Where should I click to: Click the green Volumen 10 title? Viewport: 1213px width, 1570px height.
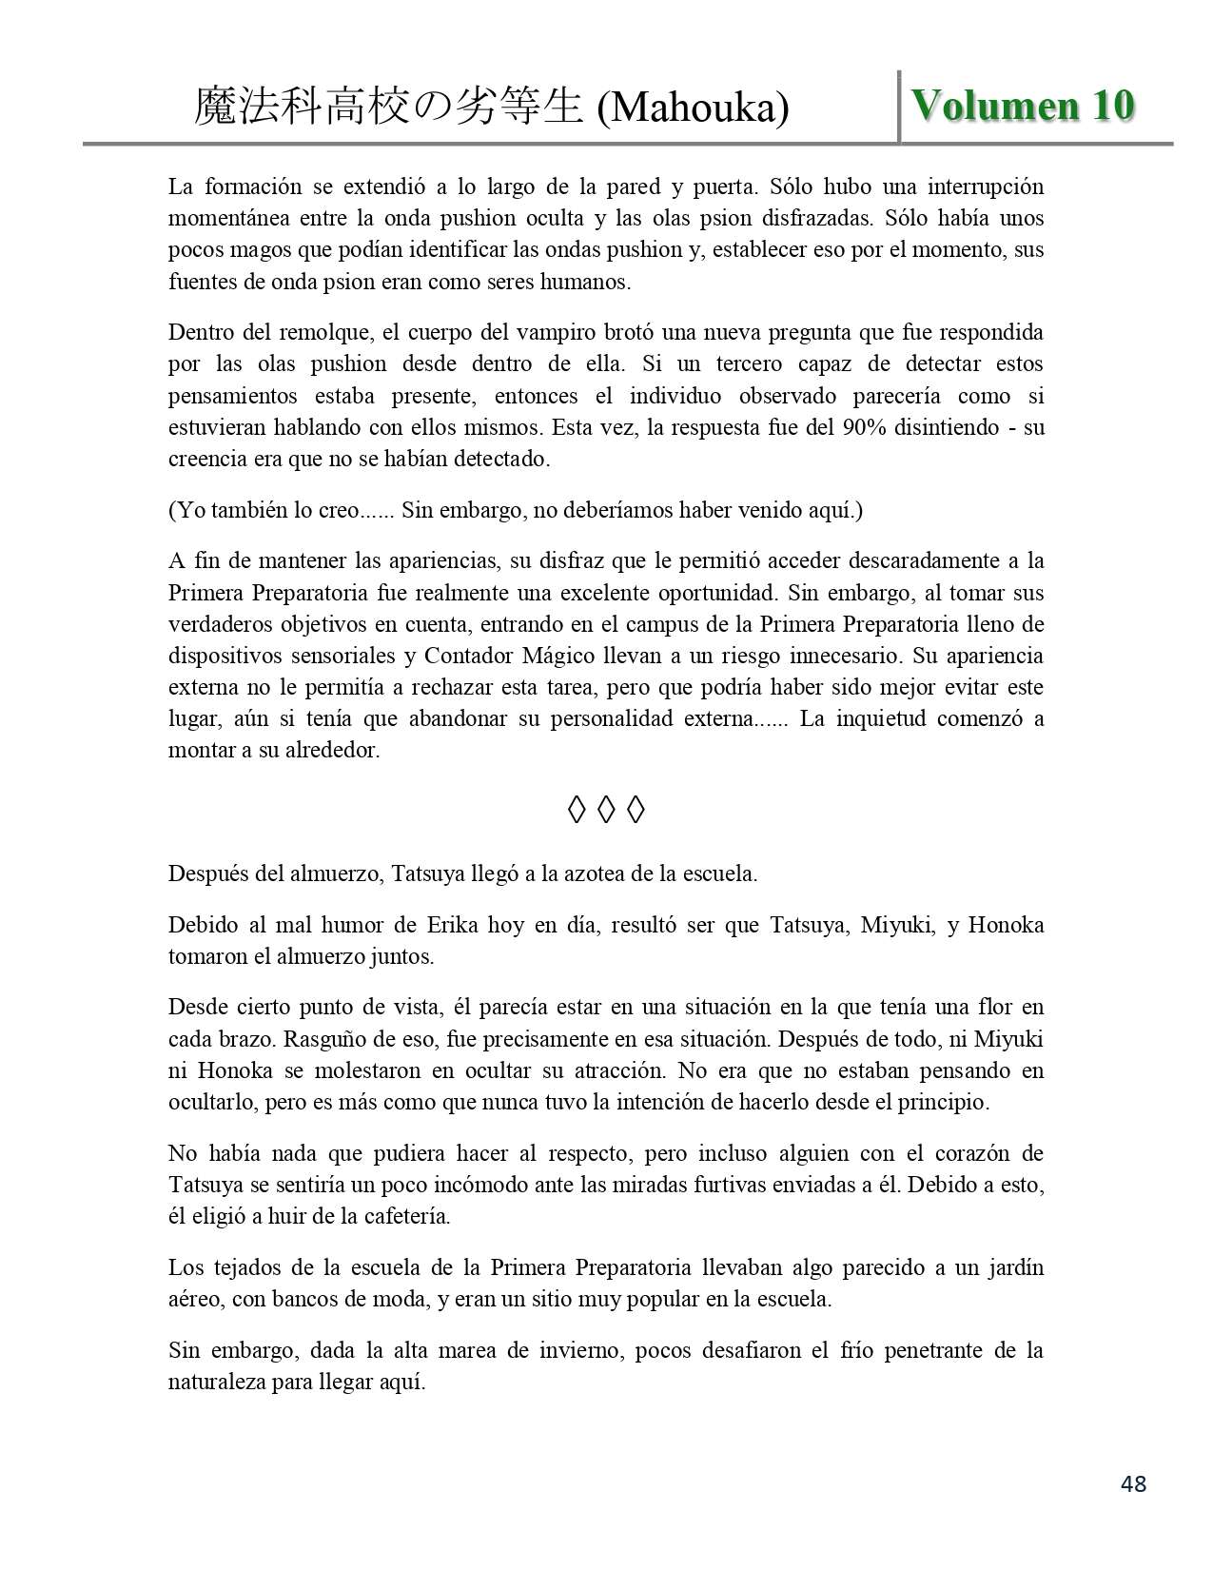click(1023, 106)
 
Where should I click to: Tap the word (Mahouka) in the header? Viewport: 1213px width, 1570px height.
click(693, 108)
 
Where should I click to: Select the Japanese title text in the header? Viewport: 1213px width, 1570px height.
click(388, 107)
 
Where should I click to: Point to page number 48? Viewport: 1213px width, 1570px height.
click(1134, 1482)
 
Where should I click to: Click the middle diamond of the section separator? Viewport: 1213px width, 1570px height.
click(606, 811)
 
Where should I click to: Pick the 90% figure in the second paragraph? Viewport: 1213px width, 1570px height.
click(863, 427)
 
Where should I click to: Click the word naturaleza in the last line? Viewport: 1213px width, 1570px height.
click(216, 1382)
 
